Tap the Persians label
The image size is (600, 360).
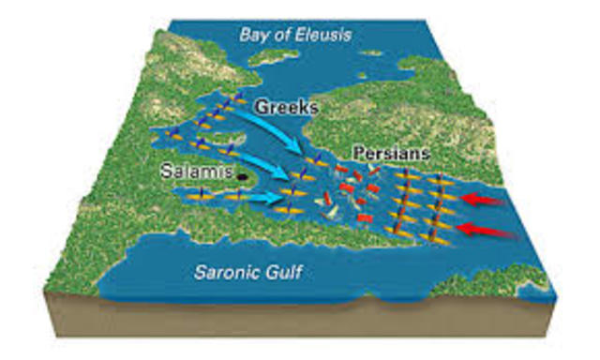[389, 153]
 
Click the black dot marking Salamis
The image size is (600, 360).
[243, 174]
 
